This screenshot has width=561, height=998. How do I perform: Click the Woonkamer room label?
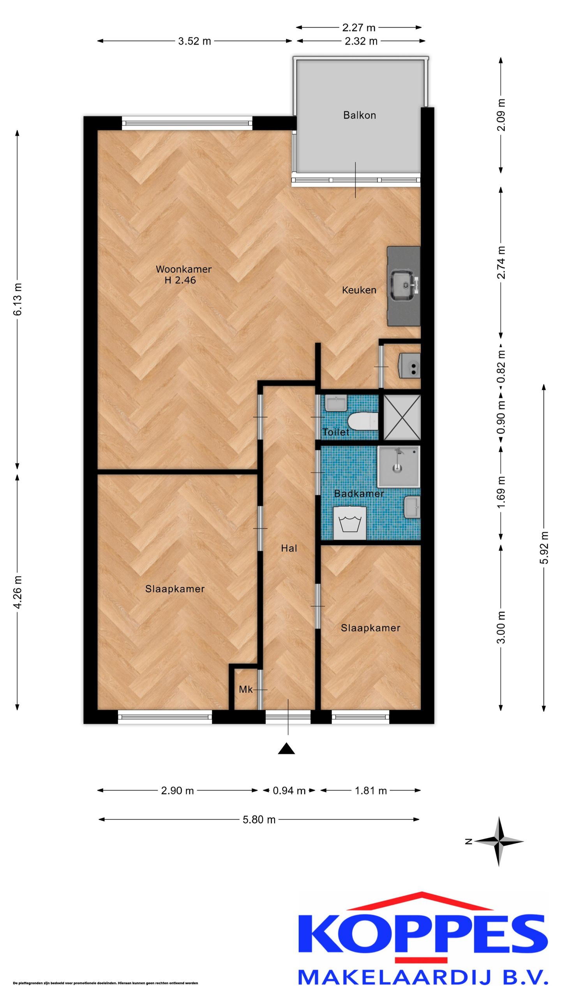(x=183, y=269)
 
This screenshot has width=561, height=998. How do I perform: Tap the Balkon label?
(x=360, y=115)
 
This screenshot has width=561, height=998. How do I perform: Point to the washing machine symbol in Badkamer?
(x=350, y=523)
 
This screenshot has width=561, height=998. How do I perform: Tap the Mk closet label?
(x=245, y=690)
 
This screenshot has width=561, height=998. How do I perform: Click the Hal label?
(x=289, y=548)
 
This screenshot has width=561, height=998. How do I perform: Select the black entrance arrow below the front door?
(x=286, y=748)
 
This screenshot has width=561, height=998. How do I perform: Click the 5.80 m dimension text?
(x=259, y=819)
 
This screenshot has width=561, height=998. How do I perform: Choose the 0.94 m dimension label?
(x=289, y=791)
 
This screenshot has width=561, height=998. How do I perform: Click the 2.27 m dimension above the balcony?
(x=359, y=28)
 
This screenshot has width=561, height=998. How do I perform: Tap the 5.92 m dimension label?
(x=545, y=547)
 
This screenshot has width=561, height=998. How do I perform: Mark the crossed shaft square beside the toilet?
(x=402, y=417)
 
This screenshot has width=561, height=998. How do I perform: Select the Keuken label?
(x=359, y=290)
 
